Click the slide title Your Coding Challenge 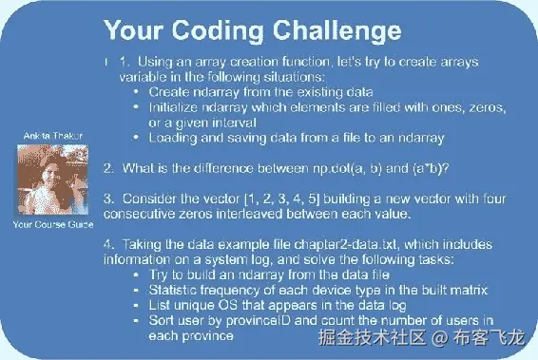pyautogui.click(x=239, y=31)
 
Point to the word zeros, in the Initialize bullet pyautogui.click(x=481, y=107)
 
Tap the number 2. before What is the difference pyautogui.click(x=110, y=168)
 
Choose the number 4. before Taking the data pyautogui.click(x=110, y=246)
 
